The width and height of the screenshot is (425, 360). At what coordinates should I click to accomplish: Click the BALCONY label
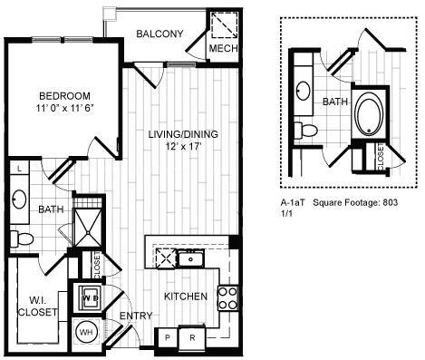pos(159,34)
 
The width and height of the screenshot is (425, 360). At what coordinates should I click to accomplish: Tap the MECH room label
pos(222,48)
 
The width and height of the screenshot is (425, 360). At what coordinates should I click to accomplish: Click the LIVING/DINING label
pos(183,134)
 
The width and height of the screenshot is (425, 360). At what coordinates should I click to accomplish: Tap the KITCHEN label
pos(185,297)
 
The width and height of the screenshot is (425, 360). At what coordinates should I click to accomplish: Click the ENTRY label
pos(134,316)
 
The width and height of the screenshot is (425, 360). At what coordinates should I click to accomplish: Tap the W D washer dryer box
pos(91,296)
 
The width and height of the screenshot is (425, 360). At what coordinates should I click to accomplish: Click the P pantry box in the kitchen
pos(167,337)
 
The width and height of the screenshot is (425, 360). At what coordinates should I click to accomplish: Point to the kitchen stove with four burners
pos(227,297)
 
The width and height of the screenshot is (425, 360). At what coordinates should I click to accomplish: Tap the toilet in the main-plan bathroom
pos(20,238)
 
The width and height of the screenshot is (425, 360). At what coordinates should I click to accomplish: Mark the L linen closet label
pos(20,169)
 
